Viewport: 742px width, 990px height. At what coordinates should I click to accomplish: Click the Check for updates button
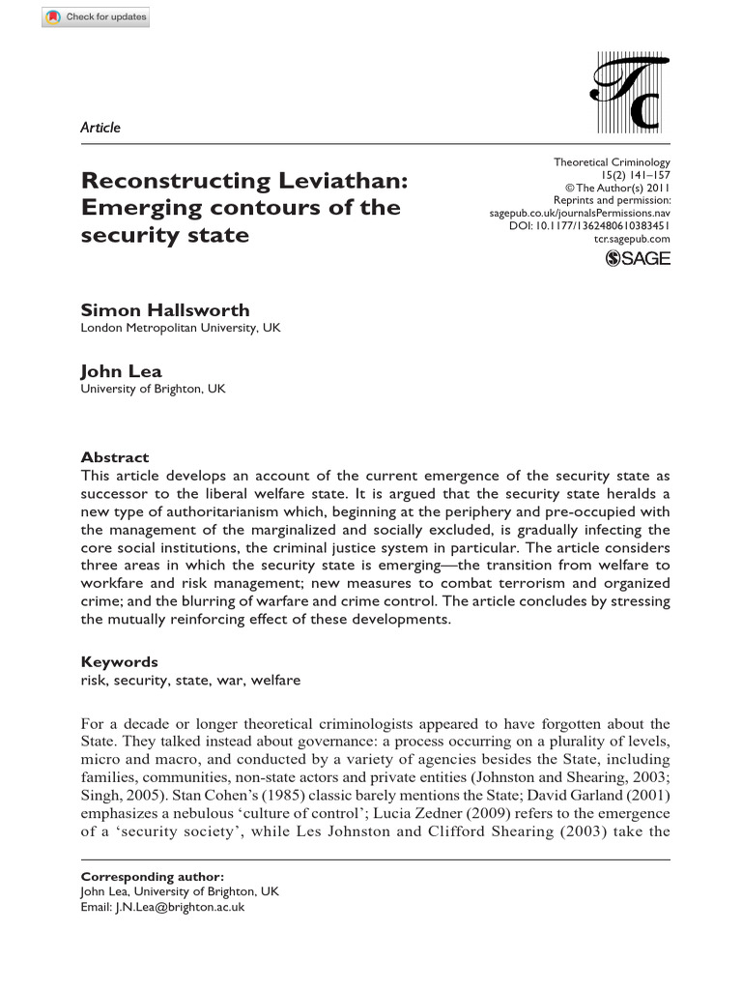pos(96,18)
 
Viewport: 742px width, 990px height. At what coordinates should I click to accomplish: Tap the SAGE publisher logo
pos(637,258)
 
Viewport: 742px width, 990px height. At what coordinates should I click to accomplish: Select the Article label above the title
pos(100,128)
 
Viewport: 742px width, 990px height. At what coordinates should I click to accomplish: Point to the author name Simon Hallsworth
pos(164,310)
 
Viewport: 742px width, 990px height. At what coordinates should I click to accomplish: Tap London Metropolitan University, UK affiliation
pos(181,328)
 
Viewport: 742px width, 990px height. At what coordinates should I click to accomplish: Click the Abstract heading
pos(115,457)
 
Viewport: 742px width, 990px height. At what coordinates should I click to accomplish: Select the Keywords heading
pos(119,662)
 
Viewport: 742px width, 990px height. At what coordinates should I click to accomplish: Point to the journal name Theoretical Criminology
pos(612,162)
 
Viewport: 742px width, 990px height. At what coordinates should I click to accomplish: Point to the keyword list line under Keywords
pos(190,680)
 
